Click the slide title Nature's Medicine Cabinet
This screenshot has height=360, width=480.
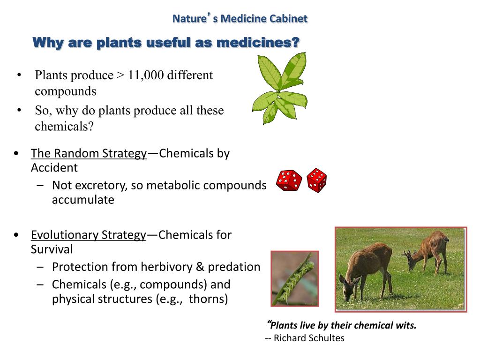pos(240,19)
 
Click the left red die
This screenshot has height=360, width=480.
pos(289,181)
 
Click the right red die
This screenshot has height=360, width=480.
pos(317,180)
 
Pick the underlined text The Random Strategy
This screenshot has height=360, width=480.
pos(89,153)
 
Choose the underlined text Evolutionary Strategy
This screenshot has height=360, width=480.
pos(89,235)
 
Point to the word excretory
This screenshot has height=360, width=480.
pos(102,186)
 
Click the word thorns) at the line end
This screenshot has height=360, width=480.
pos(209,299)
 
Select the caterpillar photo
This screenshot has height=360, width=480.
pos(295,278)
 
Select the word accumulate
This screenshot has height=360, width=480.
pos(83,200)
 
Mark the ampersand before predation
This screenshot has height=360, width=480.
pos(200,267)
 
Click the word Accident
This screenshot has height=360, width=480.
pos(54,167)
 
